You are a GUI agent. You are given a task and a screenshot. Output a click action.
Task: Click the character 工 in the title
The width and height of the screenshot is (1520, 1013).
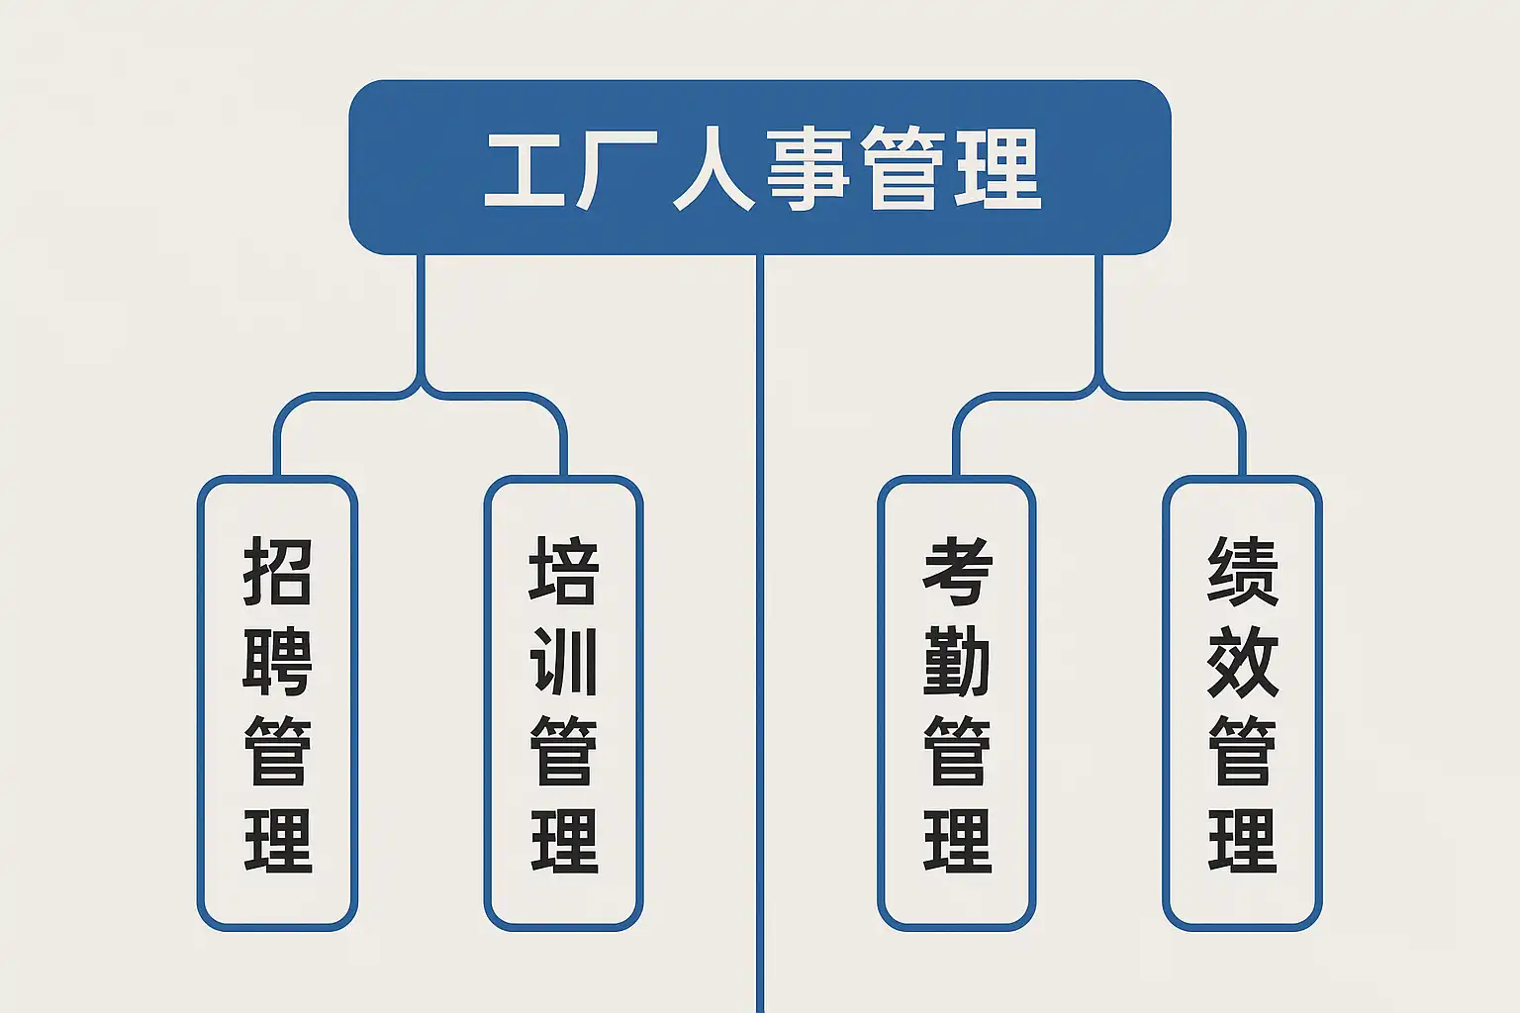pos(524,169)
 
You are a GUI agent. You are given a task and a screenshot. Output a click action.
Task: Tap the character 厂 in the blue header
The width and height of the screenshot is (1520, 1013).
pos(617,169)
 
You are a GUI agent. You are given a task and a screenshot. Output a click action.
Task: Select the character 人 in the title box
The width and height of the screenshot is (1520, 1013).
pos(713,169)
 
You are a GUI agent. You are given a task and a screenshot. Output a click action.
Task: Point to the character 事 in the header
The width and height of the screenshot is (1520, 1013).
pos(808,169)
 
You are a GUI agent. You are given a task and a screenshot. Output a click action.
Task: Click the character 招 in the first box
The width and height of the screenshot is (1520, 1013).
pos(277,571)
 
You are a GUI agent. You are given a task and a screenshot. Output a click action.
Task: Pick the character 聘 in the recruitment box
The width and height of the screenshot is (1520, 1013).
pos(277,662)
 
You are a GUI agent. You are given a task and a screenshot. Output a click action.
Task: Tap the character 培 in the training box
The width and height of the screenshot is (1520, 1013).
pos(563,571)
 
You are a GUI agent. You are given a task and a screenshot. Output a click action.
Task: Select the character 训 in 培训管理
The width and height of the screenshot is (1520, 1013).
pos(563,662)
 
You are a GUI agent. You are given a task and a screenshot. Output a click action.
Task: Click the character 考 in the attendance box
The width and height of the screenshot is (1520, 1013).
pos(958,571)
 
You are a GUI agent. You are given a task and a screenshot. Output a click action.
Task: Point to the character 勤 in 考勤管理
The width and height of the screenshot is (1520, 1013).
pos(958,662)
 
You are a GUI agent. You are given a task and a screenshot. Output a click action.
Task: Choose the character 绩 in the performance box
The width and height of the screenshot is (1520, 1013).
pos(1243,571)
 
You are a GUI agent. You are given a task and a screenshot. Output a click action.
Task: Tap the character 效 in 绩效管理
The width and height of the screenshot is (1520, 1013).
pos(1243,662)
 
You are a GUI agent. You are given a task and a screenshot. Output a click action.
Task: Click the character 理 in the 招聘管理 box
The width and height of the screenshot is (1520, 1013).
pos(277,840)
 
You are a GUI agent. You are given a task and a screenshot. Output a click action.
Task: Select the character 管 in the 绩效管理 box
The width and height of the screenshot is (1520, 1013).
pos(1243,751)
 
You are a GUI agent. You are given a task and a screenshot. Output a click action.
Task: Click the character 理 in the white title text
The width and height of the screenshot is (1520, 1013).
pos(997,169)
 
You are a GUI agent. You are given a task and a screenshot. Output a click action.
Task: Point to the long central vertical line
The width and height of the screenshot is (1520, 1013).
pos(760,634)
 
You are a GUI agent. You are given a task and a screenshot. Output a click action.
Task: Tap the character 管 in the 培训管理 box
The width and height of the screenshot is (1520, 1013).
pos(563,751)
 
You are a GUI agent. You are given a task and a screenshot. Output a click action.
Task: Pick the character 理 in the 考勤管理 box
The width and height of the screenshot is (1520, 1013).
pos(958,840)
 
